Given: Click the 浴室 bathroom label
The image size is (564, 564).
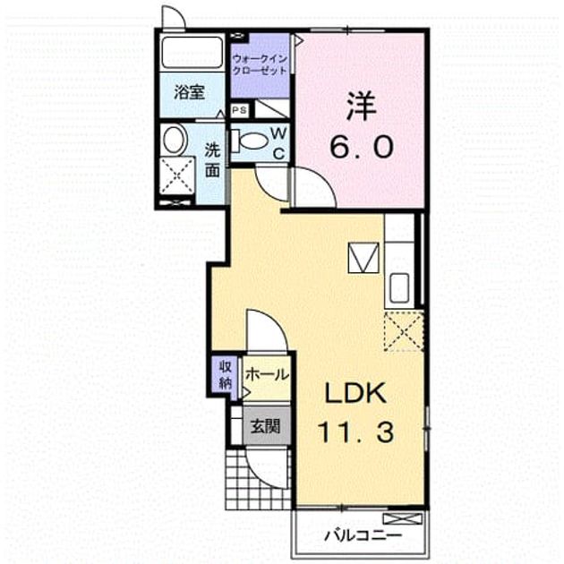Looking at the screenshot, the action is [189, 92].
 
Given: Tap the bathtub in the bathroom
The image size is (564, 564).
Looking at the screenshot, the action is [192, 52].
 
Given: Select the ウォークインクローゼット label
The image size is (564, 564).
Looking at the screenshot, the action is [260, 64].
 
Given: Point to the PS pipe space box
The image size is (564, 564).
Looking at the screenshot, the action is [239, 110].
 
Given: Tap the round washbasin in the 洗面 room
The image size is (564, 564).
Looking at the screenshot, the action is [175, 140].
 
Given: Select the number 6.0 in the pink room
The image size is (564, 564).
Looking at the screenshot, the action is [362, 147].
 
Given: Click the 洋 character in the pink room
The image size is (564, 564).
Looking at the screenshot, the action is [361, 107].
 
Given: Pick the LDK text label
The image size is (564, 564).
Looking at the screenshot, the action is [355, 393].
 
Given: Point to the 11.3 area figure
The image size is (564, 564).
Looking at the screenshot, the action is [355, 432].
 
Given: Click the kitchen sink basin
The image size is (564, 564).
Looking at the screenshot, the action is [399, 287].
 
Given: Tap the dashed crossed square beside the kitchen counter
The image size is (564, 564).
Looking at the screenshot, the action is [404, 331].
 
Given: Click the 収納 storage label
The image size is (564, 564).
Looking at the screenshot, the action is [226, 376].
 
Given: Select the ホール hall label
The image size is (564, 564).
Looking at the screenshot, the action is [268, 374].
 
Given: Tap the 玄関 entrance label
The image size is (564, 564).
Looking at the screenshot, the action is [266, 427].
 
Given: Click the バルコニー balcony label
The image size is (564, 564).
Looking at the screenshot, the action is [363, 536].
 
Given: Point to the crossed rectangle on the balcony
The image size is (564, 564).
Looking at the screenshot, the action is [402, 519].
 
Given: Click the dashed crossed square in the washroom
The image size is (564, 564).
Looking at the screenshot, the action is [177, 175].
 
